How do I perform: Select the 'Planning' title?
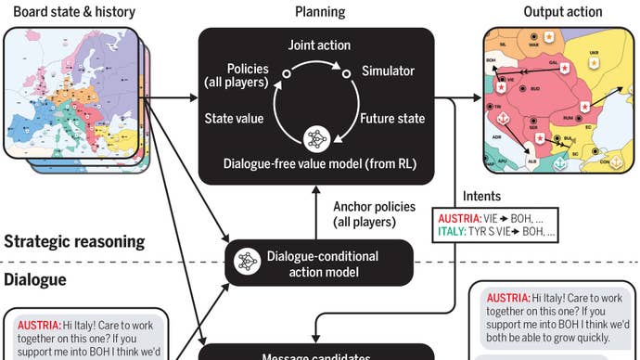[x=319, y=12]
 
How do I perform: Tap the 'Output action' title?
[x=562, y=12]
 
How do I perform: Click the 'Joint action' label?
[x=317, y=45]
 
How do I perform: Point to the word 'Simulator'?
[x=388, y=71]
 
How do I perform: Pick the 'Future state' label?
[x=393, y=119]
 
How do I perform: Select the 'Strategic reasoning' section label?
[x=74, y=242]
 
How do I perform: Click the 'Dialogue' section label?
[x=35, y=278]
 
